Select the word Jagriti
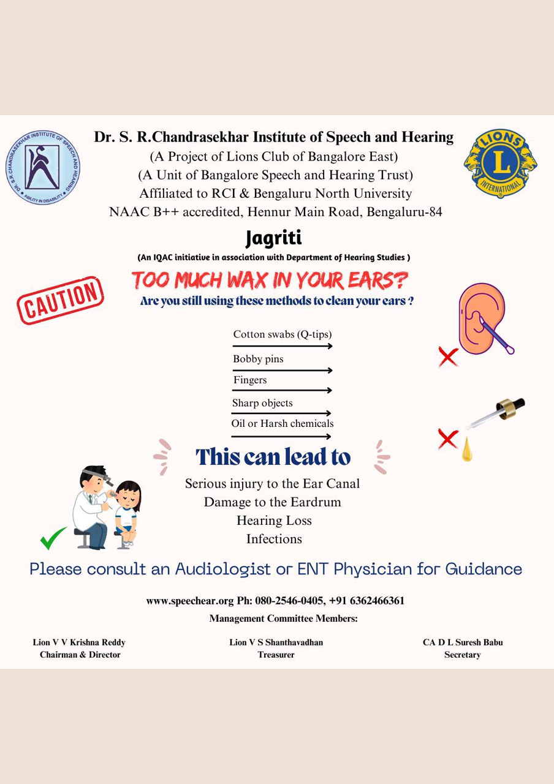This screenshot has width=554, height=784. click(273, 237)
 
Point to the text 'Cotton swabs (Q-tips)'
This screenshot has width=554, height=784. click(283, 334)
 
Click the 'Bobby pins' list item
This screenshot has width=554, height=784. click(258, 359)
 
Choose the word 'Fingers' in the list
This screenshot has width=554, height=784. click(250, 380)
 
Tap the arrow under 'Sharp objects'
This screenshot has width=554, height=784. click(281, 413)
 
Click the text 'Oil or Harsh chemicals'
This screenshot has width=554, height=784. click(283, 423)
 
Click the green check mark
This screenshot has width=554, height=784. click(53, 538)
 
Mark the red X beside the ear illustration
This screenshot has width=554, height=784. click(449, 356)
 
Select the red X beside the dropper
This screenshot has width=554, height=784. click(449, 438)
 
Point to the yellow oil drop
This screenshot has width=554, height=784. click(467, 451)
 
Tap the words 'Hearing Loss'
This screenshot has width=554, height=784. click(274, 521)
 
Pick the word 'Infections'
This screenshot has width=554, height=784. click(274, 539)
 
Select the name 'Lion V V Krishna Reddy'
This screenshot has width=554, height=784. click(79, 643)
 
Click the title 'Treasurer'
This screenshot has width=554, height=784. click(276, 655)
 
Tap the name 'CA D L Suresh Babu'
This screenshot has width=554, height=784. click(463, 643)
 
